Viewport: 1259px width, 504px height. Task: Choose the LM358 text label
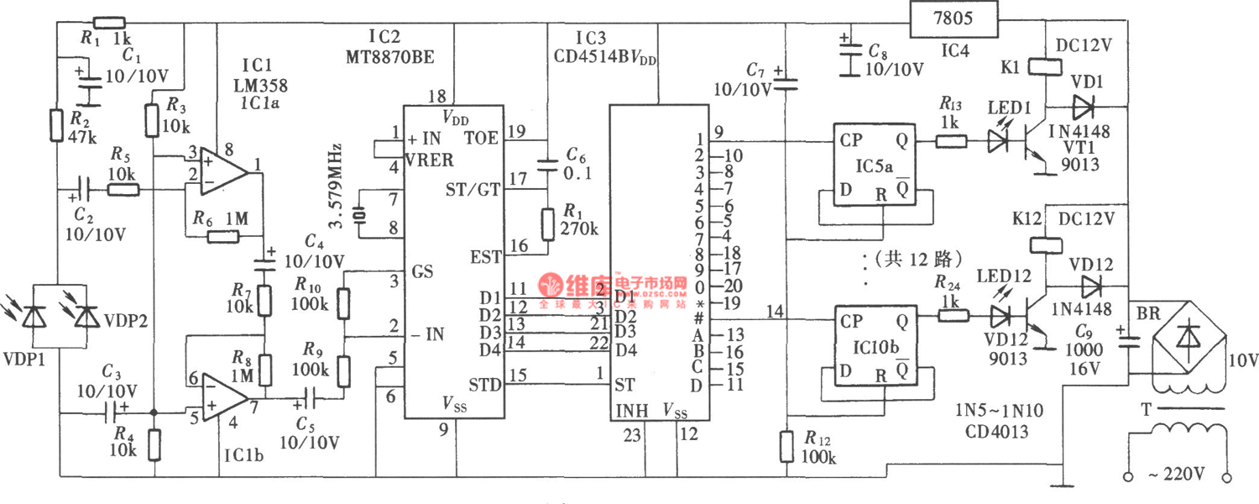(x=263, y=85)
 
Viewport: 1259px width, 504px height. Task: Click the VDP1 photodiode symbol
(x=34, y=317)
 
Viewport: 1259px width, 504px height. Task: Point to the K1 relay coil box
(x=1042, y=67)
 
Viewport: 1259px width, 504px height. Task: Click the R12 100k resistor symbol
(x=786, y=445)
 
